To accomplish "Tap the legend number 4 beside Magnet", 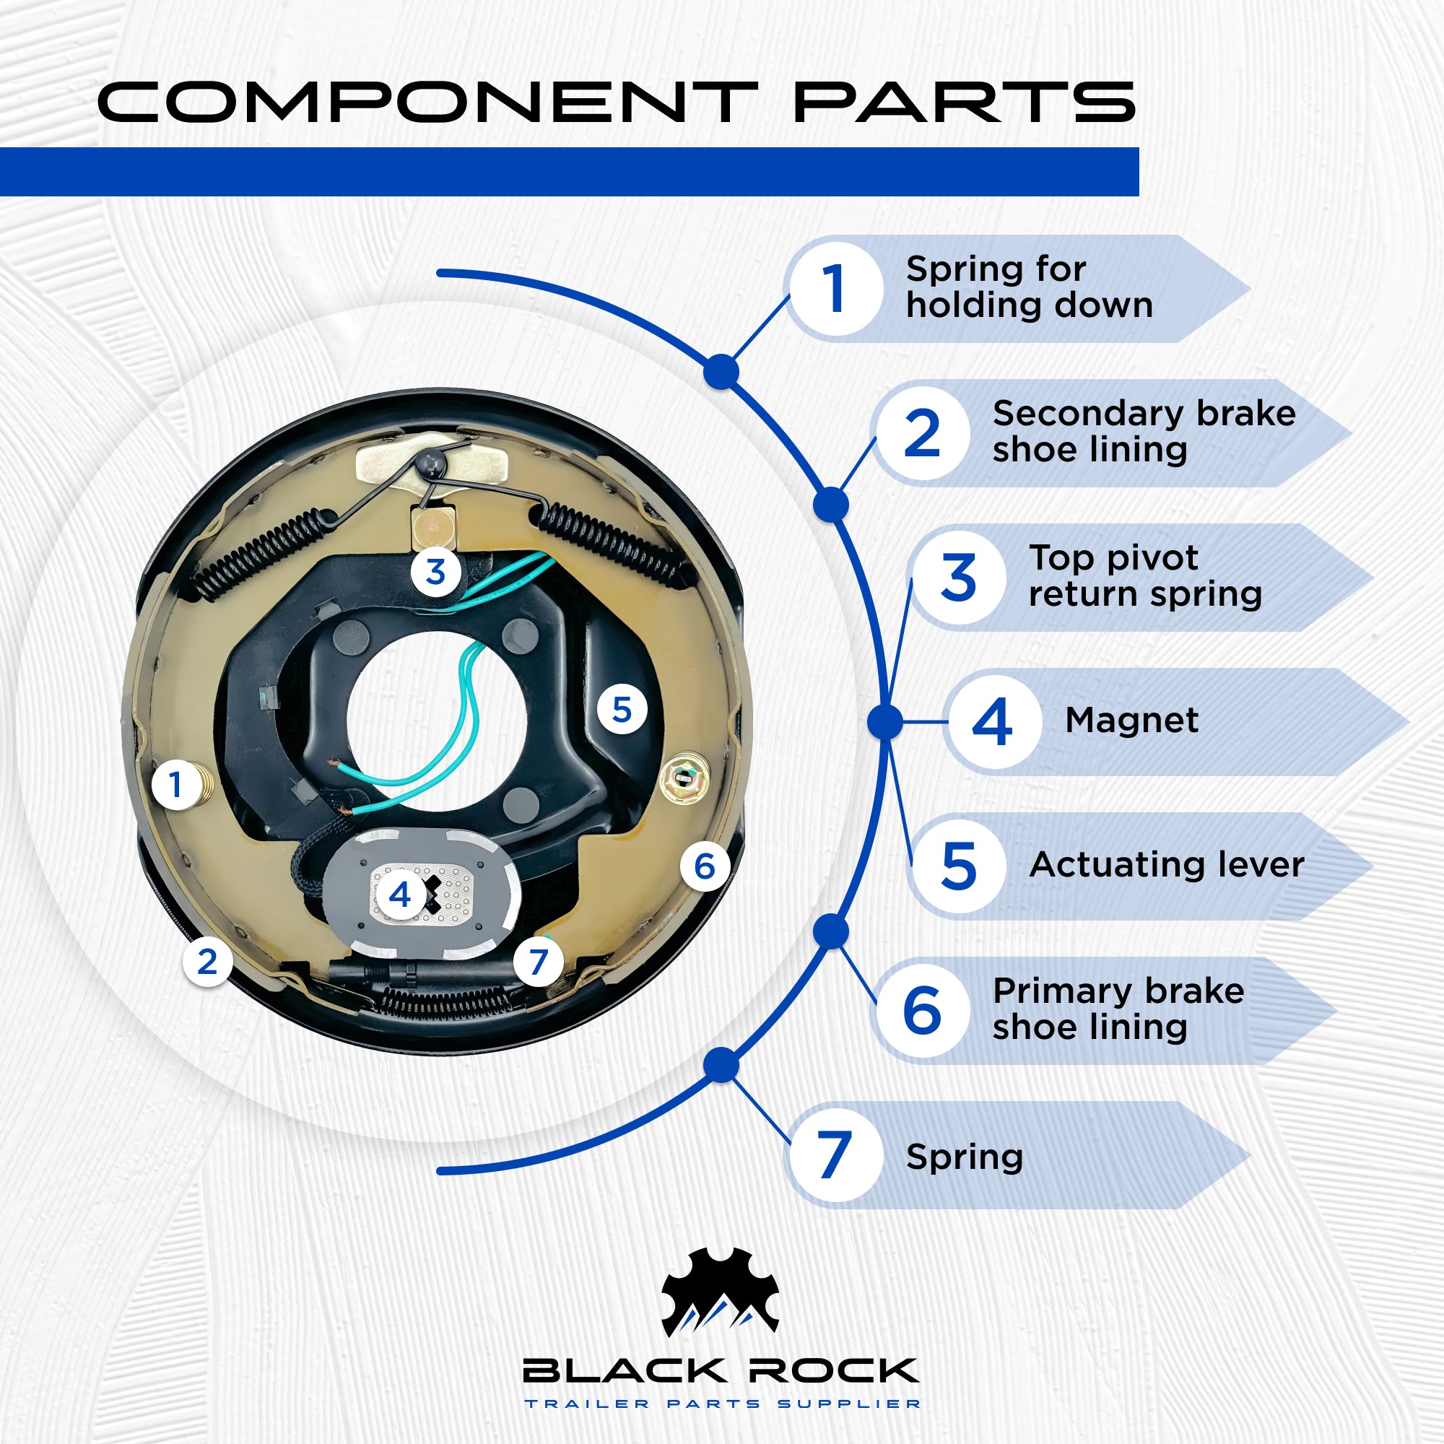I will (x=993, y=722).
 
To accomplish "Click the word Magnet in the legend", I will (x=1131, y=721).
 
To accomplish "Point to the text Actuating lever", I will (x=1166, y=865).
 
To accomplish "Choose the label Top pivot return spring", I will (x=1145, y=576).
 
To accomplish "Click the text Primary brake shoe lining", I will (x=1118, y=1009).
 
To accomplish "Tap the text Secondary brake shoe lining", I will (x=1144, y=431).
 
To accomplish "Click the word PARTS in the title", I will (x=964, y=103).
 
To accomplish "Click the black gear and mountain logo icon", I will (x=721, y=1292).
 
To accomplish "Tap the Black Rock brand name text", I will (x=721, y=1371).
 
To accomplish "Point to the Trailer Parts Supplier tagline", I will (x=722, y=1404).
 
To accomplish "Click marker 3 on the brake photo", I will (x=436, y=573).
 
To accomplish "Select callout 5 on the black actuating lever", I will (x=622, y=709).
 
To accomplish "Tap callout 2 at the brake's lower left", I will (x=208, y=961).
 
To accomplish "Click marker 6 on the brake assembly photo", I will (x=704, y=866).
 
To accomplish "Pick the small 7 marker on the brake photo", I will (x=538, y=962).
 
